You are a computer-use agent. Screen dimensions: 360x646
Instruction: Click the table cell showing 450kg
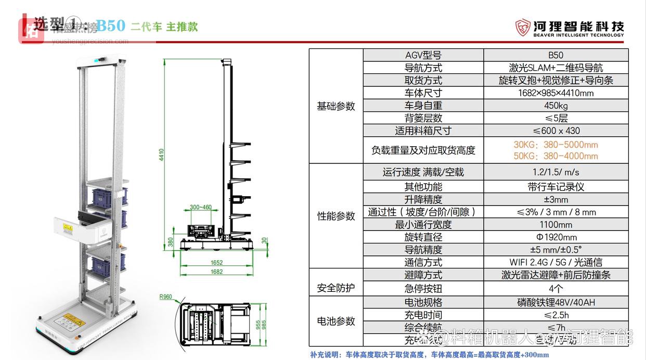[x=555, y=106]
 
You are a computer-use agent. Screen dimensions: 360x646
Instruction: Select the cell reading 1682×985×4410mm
[x=555, y=93]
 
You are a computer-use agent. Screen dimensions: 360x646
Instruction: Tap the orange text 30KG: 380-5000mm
[x=555, y=145]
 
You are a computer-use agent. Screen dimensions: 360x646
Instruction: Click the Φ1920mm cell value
[x=555, y=237]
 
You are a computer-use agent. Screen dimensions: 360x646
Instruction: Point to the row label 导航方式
[x=423, y=68]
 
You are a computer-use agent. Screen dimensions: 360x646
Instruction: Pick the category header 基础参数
[x=336, y=106]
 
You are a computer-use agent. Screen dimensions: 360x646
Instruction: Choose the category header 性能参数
[x=336, y=216]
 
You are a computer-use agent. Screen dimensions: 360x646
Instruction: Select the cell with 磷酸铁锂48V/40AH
[x=555, y=302]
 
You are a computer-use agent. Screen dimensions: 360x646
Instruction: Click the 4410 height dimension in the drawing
[x=161, y=154]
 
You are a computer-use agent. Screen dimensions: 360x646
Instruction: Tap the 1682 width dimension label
[x=216, y=272]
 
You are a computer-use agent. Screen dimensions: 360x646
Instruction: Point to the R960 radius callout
[x=165, y=298]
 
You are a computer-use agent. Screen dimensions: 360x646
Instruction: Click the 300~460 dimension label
[x=201, y=207]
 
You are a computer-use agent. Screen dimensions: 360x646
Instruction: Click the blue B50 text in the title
[x=111, y=26]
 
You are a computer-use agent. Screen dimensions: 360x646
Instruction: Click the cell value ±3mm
[x=555, y=199]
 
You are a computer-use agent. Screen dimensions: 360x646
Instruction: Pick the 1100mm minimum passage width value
[x=555, y=225]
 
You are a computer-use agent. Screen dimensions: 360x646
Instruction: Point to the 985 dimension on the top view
[x=264, y=325]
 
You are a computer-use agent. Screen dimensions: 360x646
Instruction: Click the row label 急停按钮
[x=423, y=288]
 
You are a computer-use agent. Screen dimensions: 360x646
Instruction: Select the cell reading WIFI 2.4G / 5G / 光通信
[x=555, y=262]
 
